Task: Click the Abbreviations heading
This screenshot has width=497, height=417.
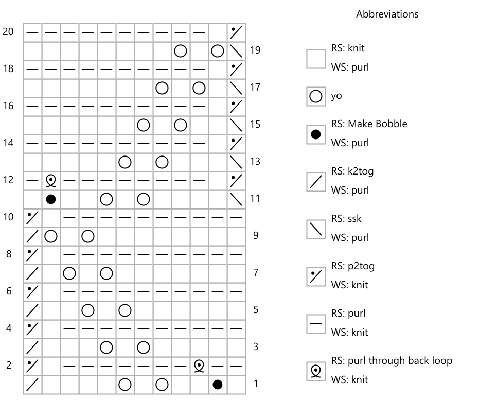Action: (387, 14)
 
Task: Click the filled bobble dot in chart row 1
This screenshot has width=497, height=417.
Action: (218, 385)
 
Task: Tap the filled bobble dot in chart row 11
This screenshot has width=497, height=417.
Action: (51, 199)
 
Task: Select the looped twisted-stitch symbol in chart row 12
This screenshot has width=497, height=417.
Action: (51, 180)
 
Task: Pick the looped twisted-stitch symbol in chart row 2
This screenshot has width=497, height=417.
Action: (199, 366)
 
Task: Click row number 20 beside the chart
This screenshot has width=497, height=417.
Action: (8, 32)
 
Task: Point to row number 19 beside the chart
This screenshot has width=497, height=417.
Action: (255, 50)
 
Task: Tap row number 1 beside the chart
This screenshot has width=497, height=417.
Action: (256, 384)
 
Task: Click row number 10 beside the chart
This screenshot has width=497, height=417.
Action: (8, 217)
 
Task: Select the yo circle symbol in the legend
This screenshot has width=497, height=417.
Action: (316, 96)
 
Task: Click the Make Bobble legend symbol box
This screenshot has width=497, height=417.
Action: (316, 134)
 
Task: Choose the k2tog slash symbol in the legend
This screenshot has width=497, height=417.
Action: (316, 182)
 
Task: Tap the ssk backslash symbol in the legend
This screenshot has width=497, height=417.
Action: (316, 229)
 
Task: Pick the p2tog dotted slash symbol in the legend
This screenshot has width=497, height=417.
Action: (316, 276)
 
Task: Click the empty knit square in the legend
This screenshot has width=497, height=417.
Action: (316, 59)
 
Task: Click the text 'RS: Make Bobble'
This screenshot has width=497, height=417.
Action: (369, 124)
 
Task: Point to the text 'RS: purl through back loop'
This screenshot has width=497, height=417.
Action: (392, 361)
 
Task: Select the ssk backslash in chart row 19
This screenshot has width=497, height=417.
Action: (236, 51)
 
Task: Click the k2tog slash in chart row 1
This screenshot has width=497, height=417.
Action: (32, 385)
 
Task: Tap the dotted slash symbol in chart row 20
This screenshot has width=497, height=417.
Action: (236, 32)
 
